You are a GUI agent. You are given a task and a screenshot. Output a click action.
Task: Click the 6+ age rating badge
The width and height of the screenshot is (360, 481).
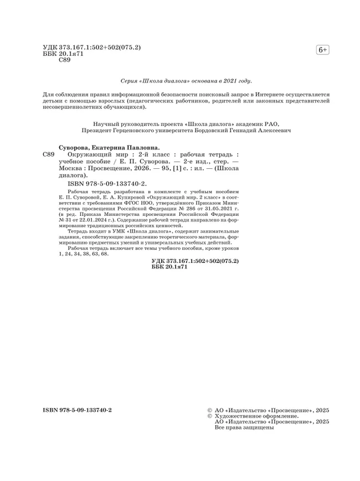322,50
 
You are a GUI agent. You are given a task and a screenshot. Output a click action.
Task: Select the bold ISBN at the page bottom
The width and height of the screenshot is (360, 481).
78,410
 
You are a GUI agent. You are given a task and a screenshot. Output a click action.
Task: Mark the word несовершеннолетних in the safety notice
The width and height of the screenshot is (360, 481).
71,108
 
